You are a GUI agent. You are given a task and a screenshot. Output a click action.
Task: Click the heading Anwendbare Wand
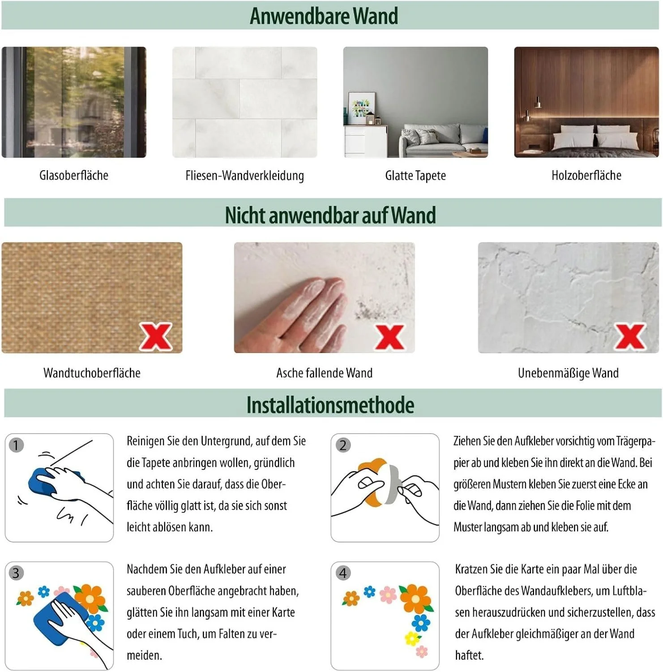324,16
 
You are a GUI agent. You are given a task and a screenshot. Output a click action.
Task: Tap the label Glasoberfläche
74,175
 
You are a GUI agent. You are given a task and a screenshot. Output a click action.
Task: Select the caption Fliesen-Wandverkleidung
244,175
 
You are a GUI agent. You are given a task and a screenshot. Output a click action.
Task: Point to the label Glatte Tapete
415,175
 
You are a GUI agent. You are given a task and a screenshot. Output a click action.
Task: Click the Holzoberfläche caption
586,175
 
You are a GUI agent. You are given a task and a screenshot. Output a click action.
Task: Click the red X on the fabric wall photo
156,336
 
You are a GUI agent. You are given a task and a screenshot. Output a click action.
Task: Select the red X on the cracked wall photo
630,336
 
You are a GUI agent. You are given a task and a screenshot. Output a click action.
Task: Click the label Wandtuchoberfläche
92,373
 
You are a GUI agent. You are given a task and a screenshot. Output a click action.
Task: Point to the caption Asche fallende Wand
324,373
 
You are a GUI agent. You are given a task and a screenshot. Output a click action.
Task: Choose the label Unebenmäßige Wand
568,373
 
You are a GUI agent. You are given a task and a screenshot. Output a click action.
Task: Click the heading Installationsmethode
330,405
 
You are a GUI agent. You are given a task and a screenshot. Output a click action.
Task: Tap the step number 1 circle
16,445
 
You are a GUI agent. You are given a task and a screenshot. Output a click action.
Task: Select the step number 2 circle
343,445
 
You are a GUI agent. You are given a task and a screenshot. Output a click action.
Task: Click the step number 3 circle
16,573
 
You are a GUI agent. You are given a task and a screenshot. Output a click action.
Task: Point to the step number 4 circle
343,573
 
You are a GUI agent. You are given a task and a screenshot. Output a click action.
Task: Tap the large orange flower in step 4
415,598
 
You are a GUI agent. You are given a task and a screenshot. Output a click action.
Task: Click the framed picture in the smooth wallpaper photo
361,108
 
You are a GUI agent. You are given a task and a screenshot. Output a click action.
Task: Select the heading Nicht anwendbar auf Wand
330,215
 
